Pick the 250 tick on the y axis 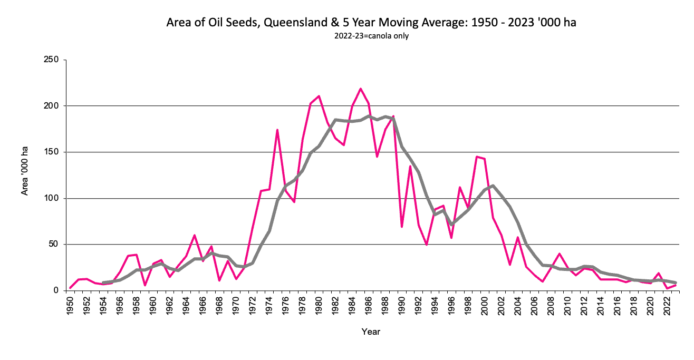point(51,60)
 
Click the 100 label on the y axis point(51,199)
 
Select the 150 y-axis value point(51,152)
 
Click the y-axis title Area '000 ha point(25,171)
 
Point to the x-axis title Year point(371,332)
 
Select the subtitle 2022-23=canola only point(371,36)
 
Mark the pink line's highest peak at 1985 point(361,89)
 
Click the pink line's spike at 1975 point(277,130)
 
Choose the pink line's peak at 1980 point(319,96)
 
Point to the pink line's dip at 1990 point(402,227)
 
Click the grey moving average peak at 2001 point(493,186)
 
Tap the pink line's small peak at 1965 point(195,235)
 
